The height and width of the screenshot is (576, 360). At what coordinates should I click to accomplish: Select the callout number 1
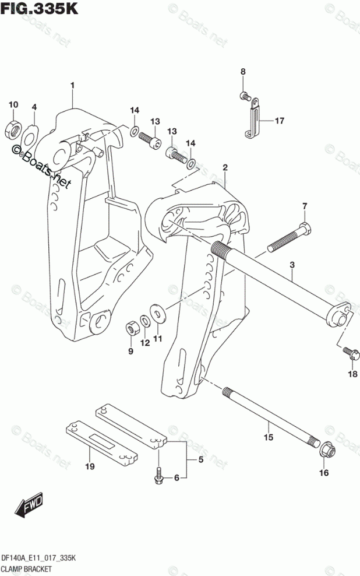[72, 86]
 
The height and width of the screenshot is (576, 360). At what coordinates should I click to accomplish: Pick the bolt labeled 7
[287, 239]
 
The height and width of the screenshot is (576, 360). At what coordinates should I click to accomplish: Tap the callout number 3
[292, 265]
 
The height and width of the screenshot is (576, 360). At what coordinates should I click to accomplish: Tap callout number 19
[89, 466]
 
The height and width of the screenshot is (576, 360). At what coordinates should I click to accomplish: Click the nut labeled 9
[132, 329]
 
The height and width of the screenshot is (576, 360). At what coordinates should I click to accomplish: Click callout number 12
[145, 343]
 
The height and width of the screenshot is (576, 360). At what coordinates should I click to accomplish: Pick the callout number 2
[225, 168]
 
